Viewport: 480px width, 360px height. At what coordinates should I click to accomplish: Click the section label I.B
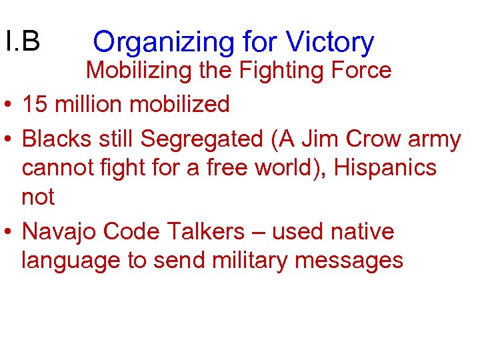click(22, 41)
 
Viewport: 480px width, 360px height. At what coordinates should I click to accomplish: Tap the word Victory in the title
click(330, 43)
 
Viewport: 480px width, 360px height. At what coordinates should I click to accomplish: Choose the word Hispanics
click(385, 168)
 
